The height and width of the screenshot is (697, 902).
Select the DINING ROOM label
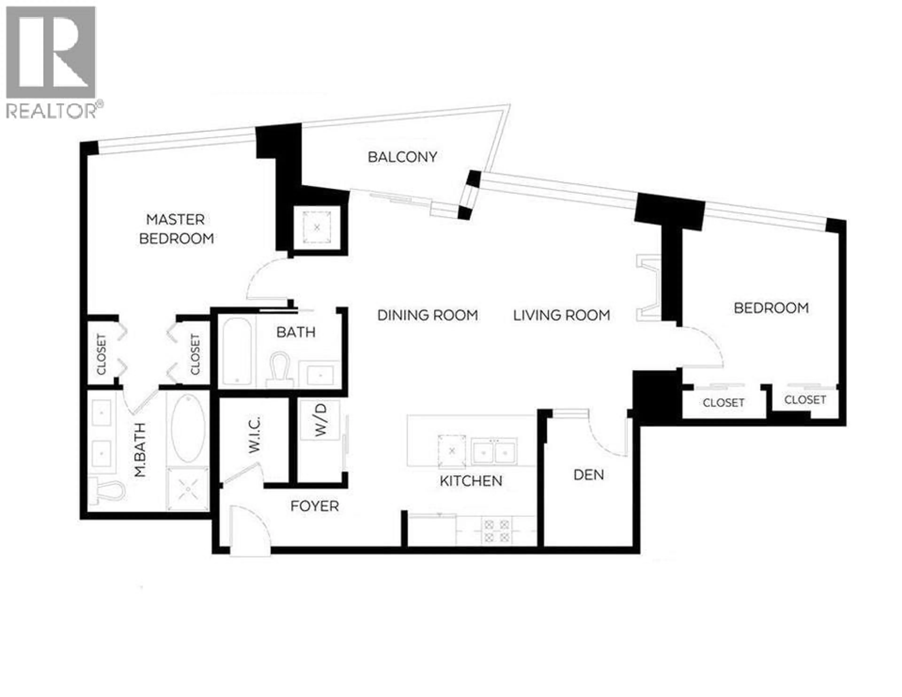[x=428, y=315]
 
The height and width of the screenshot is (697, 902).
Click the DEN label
[x=588, y=475]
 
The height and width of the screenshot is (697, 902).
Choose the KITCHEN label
[x=471, y=481]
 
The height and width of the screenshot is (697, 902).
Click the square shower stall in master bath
[x=187, y=489]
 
